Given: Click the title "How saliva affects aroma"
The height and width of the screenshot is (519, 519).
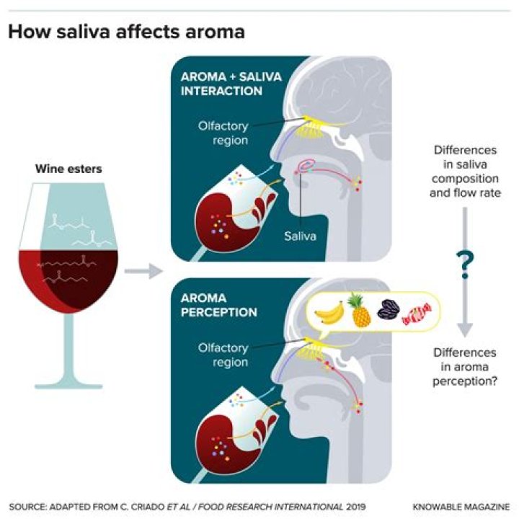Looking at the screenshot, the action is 126,32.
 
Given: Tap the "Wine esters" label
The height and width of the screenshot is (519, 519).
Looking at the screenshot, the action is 68,169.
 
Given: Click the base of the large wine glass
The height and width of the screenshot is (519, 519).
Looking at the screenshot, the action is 68,386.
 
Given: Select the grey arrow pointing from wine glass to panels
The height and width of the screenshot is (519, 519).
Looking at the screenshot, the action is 143,271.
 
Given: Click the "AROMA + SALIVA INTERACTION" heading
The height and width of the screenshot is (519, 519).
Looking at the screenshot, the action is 231,84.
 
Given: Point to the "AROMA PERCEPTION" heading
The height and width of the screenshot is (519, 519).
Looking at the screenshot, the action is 219,305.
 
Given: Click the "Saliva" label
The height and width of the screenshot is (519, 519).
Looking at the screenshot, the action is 300,236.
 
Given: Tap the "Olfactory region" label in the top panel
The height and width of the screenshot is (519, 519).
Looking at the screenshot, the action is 223,133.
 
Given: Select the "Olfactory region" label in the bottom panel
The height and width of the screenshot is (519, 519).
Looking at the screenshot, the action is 223,355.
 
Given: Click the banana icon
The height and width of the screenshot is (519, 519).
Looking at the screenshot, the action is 329,313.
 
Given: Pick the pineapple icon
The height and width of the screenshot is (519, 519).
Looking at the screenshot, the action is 360,310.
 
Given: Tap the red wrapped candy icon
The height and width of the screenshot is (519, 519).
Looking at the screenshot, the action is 417,314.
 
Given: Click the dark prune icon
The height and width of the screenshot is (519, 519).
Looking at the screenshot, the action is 389,309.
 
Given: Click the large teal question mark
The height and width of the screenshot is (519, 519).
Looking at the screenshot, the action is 465,265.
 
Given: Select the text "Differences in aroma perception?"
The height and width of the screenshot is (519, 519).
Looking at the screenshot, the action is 465,367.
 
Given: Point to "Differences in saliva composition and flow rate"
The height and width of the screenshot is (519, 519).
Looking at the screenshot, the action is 465,172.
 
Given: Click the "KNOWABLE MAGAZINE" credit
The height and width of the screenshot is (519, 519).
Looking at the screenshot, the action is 461,507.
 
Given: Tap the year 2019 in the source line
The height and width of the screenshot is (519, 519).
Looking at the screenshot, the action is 356,507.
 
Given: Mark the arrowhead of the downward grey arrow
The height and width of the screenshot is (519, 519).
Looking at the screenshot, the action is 465,330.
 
